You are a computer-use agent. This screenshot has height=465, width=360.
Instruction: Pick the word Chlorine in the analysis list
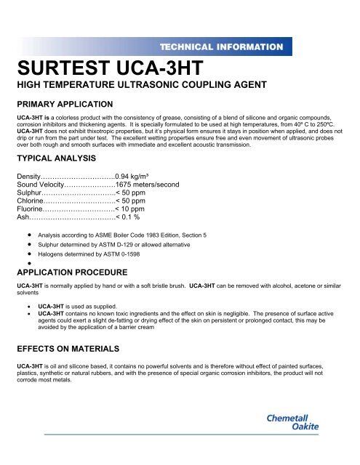pos(33,203)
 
